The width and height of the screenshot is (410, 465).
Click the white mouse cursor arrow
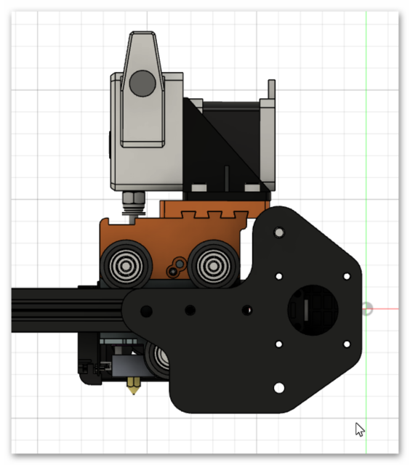[x=359, y=429]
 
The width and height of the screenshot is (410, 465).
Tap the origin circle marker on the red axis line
[x=367, y=309]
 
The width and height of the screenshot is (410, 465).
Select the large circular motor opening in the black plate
[x=313, y=308]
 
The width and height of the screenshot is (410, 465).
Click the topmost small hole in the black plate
[x=278, y=232]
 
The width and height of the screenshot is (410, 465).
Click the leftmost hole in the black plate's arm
[x=146, y=311]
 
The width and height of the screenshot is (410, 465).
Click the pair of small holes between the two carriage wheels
[x=174, y=268]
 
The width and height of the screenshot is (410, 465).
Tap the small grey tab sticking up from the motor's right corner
[x=272, y=89]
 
